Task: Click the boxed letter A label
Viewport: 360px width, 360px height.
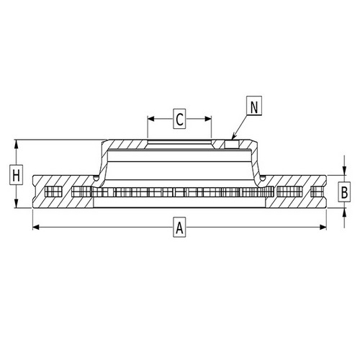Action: tap(179, 227)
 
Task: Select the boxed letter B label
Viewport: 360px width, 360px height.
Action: tap(344, 192)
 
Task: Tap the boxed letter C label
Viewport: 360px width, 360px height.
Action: tap(179, 119)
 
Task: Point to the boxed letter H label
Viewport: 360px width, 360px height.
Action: tap(16, 175)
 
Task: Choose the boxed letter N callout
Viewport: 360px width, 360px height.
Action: tap(254, 106)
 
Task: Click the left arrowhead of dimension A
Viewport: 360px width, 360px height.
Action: tap(36, 227)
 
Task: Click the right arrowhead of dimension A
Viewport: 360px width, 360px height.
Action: tap(323, 227)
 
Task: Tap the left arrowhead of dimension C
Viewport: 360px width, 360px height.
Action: tap(151, 119)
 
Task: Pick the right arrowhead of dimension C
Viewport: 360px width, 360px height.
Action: tap(208, 119)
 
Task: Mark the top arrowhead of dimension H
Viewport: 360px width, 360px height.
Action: tap(16, 143)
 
